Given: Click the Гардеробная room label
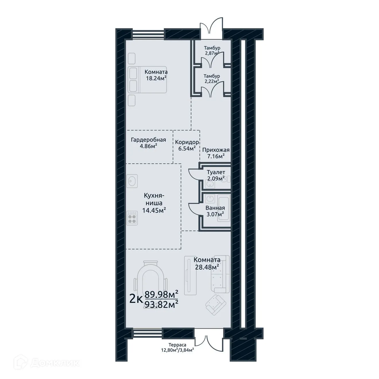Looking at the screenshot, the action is pyautogui.click(x=148, y=140).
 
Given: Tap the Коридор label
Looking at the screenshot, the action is pyautogui.click(x=187, y=142).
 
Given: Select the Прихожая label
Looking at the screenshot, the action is pyautogui.click(x=216, y=150).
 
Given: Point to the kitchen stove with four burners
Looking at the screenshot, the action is pyautogui.click(x=132, y=218).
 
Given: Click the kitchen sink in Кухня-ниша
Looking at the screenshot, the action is pyautogui.click(x=132, y=181).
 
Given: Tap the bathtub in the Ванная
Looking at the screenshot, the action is pyautogui.click(x=224, y=208).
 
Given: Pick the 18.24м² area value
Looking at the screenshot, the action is pyautogui.click(x=156, y=78).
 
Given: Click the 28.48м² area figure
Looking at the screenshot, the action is pyautogui.click(x=207, y=267).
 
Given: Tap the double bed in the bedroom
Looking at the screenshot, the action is pyautogui.click(x=147, y=80).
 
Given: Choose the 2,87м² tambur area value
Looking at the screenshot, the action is pyautogui.click(x=212, y=53).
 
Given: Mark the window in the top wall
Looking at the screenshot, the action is pyautogui.click(x=148, y=34).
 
